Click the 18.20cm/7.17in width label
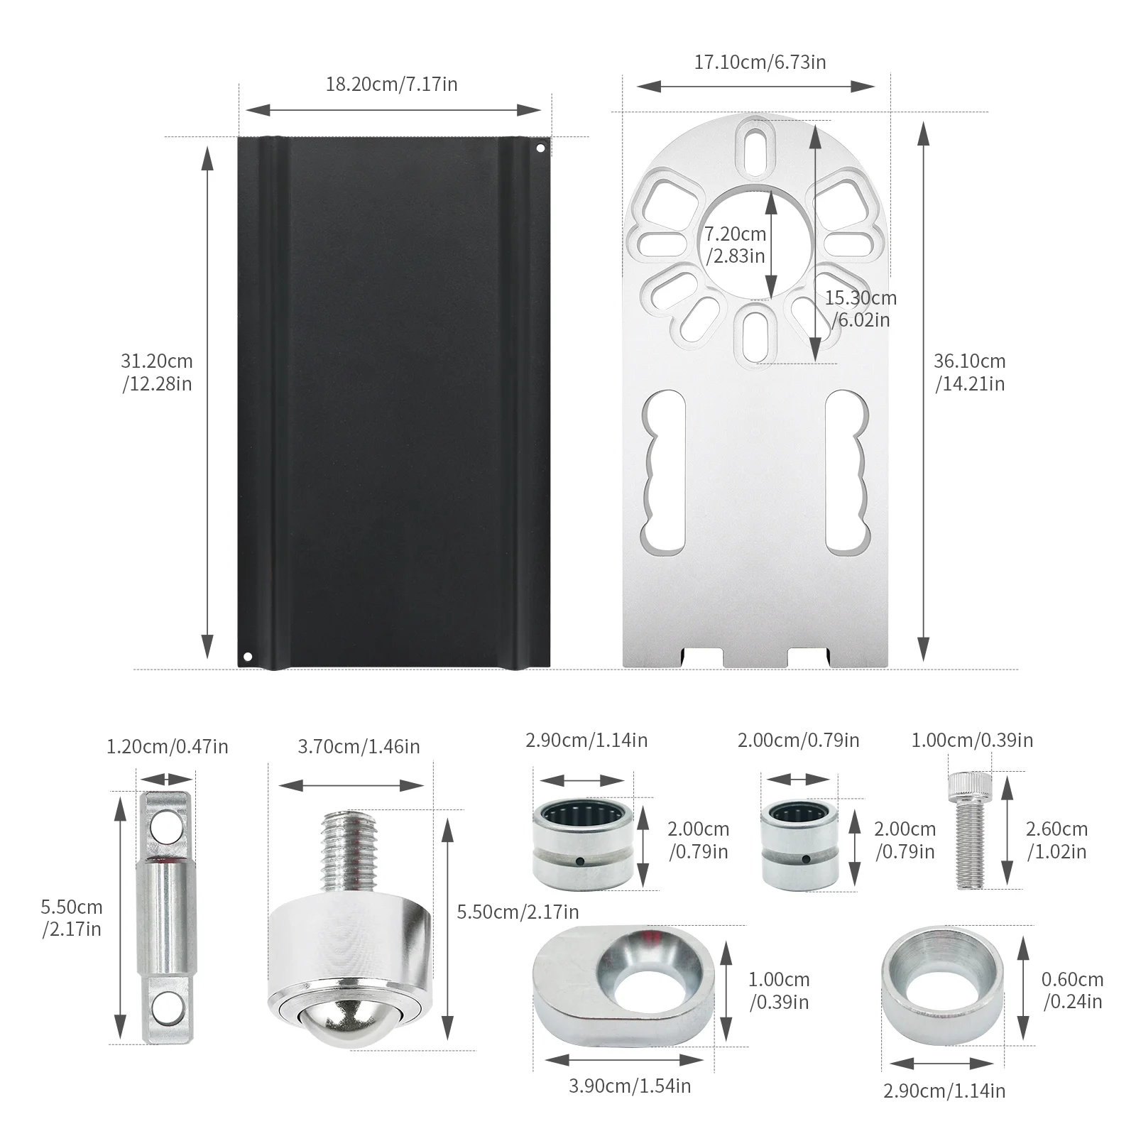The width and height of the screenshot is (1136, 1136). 391,84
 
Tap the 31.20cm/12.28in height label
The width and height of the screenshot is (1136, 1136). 157,372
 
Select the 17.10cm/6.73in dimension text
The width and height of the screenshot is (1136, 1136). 760,62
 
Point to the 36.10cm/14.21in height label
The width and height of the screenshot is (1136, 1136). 970,372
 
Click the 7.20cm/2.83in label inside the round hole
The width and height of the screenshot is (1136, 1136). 736,244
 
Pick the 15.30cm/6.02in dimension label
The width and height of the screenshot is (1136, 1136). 861,309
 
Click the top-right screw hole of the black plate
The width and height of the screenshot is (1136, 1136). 540,149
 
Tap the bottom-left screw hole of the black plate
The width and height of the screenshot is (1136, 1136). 247,656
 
